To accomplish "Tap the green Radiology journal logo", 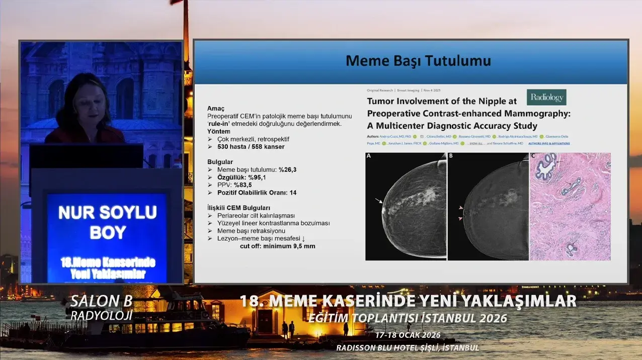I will [546, 97].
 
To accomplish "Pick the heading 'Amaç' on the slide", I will [216, 109].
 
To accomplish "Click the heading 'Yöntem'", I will [218, 131].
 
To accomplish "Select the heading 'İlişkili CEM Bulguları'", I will [238, 208].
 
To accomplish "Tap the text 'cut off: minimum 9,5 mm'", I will [277, 246].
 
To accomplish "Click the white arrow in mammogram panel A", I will [378, 201].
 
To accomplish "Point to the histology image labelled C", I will [570, 207].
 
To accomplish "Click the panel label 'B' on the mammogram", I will [451, 156].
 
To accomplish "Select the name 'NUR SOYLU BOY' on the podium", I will [107, 222].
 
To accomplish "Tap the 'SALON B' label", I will [102, 301].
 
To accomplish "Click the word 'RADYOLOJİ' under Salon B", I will [102, 315].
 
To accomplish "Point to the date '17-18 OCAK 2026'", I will [408, 335].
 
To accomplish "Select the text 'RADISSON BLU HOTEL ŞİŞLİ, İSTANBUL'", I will [408, 347].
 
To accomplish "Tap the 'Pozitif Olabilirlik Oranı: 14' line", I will [257, 193].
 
